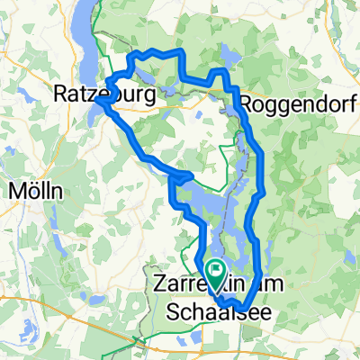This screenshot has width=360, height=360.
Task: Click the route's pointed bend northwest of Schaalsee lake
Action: pos(193,173)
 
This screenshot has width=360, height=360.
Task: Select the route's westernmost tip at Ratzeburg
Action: pos(99,102)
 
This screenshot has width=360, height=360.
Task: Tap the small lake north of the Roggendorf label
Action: pos(226,59)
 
